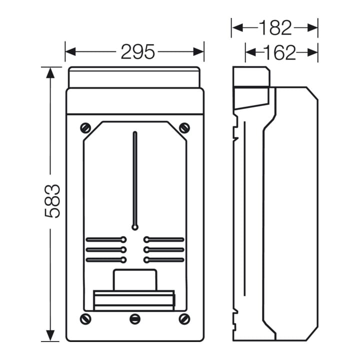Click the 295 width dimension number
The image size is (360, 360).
138,51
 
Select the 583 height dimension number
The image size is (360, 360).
52,201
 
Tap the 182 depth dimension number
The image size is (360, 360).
275,28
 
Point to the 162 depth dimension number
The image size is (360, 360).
279,52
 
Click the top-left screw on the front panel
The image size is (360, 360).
85,128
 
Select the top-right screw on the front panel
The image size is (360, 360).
184,128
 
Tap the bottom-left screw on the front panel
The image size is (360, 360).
85,319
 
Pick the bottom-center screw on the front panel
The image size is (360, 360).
135,319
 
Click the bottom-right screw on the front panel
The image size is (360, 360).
184,319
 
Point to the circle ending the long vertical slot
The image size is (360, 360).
135,227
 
